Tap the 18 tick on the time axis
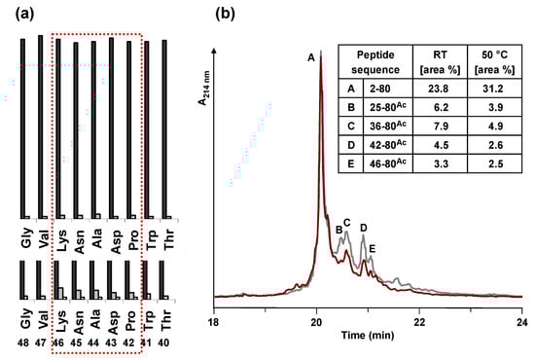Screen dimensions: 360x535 point(213,317)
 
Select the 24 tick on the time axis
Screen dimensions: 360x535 point(521,317)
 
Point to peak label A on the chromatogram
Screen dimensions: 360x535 point(310,58)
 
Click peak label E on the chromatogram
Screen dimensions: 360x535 point(372,250)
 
